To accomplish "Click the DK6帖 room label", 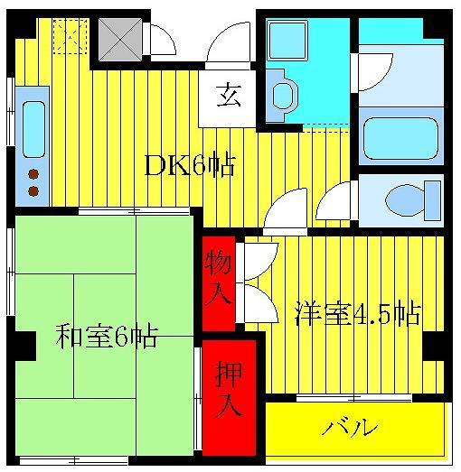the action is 189,165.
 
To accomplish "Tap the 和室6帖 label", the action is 107,337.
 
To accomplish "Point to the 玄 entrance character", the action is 229,96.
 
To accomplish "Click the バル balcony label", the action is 350,427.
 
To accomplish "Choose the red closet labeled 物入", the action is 219,284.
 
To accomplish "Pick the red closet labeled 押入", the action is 229,398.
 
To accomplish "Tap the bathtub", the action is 400,138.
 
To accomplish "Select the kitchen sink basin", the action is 33,129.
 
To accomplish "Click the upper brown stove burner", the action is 33,174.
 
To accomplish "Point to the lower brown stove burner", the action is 33,190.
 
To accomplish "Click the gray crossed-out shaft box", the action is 120,40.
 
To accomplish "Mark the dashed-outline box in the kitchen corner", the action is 71,36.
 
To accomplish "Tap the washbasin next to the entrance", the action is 283,95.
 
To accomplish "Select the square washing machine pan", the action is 287,40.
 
